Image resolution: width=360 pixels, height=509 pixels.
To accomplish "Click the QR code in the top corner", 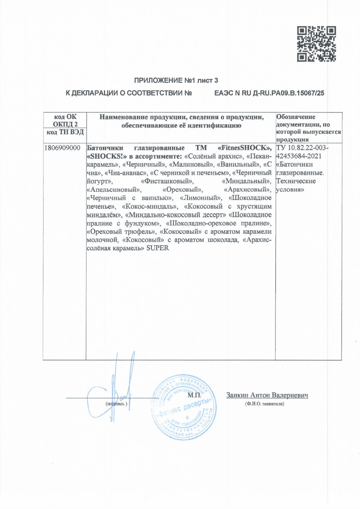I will tap(316, 44).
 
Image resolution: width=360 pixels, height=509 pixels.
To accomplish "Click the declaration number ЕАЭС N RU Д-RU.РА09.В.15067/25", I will tap(269, 93).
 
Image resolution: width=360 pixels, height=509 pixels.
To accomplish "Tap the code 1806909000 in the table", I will tap(62, 148).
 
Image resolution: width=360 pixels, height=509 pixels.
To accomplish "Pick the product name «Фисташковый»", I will tap(167, 181).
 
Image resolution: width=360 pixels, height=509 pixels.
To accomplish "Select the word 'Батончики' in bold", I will tap(105, 148).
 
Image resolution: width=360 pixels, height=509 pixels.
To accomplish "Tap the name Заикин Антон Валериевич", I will tap(267, 395).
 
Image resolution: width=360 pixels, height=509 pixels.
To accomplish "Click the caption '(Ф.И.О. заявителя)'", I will tap(264, 404).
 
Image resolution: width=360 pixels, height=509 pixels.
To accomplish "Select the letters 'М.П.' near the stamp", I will tap(194, 395).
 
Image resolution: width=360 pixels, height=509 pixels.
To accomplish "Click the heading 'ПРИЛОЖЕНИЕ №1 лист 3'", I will tap(176, 80).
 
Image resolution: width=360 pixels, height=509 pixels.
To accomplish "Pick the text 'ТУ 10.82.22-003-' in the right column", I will tap(302, 148).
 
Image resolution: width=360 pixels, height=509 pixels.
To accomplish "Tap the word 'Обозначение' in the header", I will tap(296, 117).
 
